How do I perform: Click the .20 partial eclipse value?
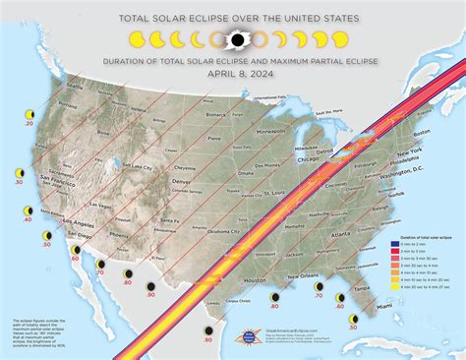tap(29, 125)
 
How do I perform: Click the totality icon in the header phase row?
tap(236, 40)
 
